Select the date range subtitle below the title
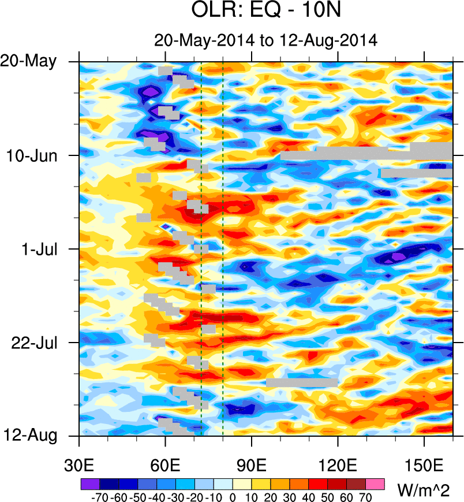[x=265, y=40]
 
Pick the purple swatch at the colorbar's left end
[x=89, y=484]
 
